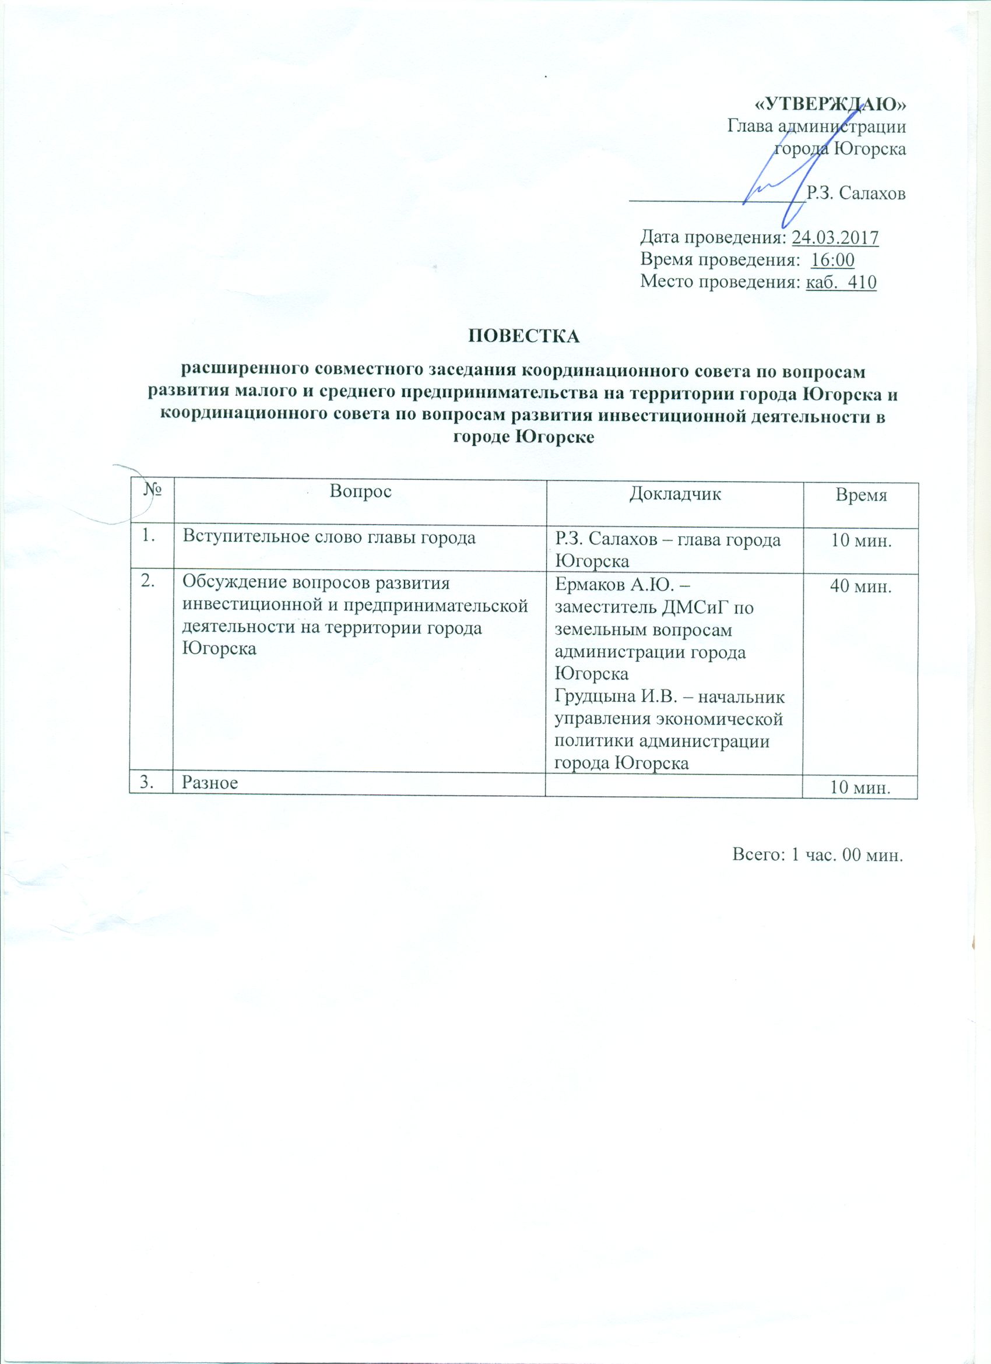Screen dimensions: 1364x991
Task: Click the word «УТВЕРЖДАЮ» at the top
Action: point(830,104)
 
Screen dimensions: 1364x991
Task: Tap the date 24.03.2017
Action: point(835,238)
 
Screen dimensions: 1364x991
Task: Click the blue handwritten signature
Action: point(776,181)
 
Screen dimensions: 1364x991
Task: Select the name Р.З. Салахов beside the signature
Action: point(855,193)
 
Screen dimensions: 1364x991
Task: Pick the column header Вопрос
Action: point(360,491)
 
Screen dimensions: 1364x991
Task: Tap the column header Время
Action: point(861,495)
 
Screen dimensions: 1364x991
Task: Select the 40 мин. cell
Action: point(860,587)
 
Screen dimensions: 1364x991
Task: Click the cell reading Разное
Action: point(210,782)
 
